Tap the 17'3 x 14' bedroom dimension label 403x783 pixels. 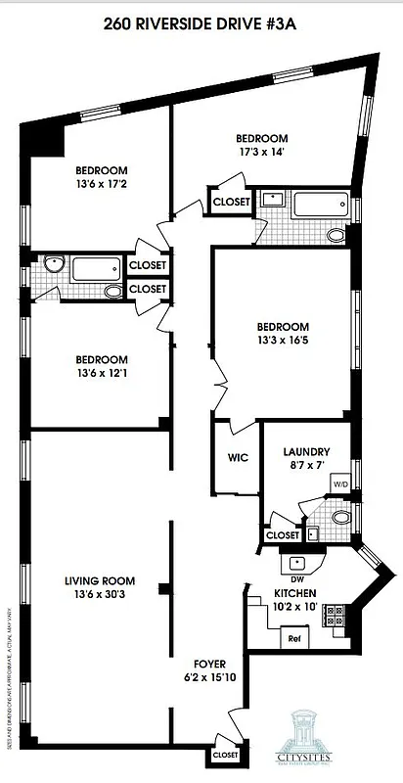pyautogui.click(x=262, y=145)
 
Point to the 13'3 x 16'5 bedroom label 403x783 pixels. pyautogui.click(x=283, y=334)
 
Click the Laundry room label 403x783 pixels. pyautogui.click(x=305, y=458)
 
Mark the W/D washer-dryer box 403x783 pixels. pyautogui.click(x=340, y=484)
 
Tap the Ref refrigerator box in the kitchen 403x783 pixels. pyautogui.click(x=293, y=638)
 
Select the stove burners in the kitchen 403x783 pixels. pyautogui.click(x=335, y=614)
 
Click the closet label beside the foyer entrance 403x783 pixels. pyautogui.click(x=225, y=756)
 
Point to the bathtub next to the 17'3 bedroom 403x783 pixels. pyautogui.click(x=320, y=207)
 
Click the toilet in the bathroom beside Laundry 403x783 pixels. pyautogui.click(x=339, y=517)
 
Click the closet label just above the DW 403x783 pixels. pyautogui.click(x=283, y=535)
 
